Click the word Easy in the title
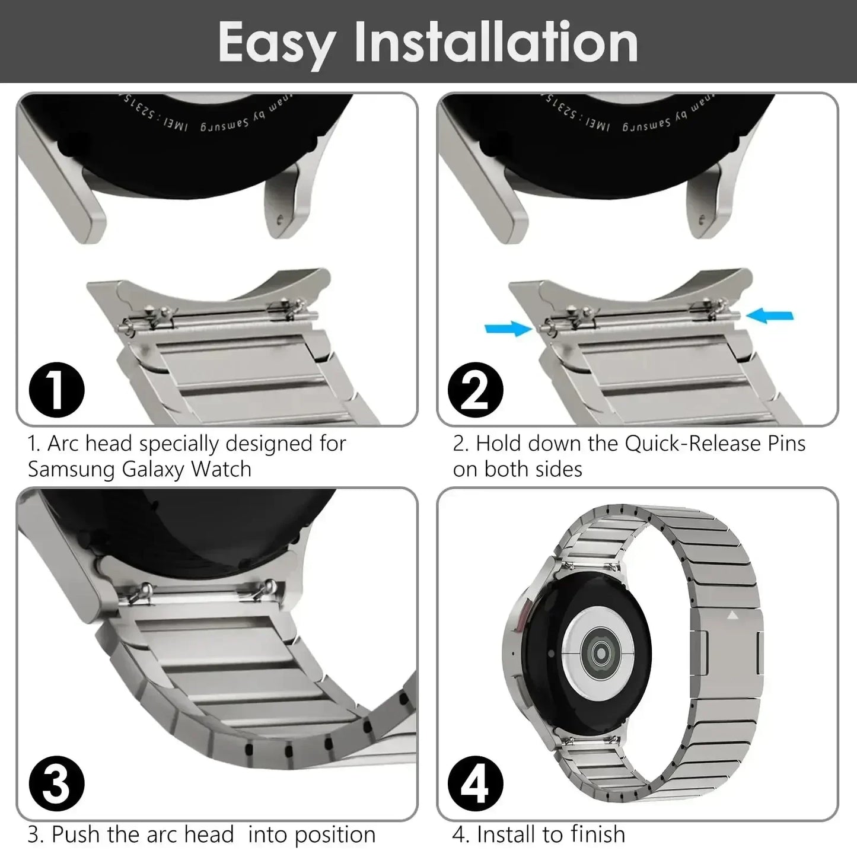tap(276, 42)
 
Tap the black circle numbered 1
tap(56, 390)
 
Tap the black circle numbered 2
tap(475, 390)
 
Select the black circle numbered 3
tap(56, 784)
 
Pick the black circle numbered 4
tap(475, 784)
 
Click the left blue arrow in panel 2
tap(508, 328)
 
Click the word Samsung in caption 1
tap(72, 469)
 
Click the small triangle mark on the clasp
tap(732, 616)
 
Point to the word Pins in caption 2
tap(785, 444)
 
